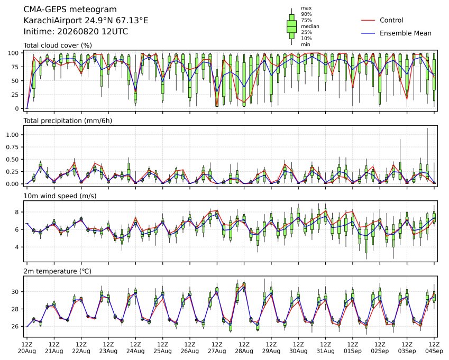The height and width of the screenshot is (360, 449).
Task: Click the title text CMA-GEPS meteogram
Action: tap(70, 10)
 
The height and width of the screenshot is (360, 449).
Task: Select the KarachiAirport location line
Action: tap(86, 21)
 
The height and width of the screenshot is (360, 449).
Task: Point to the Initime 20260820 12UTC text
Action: tap(76, 32)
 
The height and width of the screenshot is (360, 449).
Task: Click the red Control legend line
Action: tap(368, 20)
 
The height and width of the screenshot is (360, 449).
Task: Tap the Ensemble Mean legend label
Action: tap(406, 33)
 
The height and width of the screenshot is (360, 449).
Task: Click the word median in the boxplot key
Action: tap(310, 26)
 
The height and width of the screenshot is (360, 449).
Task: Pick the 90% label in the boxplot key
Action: tap(306, 14)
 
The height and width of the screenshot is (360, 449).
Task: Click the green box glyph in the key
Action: tap(291, 26)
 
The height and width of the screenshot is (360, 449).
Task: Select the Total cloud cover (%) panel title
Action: tap(58, 45)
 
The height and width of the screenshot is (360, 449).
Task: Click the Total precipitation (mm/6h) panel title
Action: tap(68, 121)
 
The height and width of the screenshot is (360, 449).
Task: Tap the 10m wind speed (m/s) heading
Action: tap(60, 196)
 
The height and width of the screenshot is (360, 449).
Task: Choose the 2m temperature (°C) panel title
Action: tap(57, 271)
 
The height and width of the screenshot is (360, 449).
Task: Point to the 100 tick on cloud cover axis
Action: tap(13, 53)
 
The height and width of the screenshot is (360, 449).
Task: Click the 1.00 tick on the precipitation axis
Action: tap(13, 135)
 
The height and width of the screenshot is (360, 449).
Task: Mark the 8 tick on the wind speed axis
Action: tap(17, 212)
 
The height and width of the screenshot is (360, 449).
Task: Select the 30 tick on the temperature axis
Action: tap(15, 292)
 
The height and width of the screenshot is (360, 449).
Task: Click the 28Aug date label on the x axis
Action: tap(244, 351)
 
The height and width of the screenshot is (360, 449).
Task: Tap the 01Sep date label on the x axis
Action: tap(353, 351)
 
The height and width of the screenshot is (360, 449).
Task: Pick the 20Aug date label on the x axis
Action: tap(27, 351)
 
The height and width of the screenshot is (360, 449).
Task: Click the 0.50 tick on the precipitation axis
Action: tap(13, 160)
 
